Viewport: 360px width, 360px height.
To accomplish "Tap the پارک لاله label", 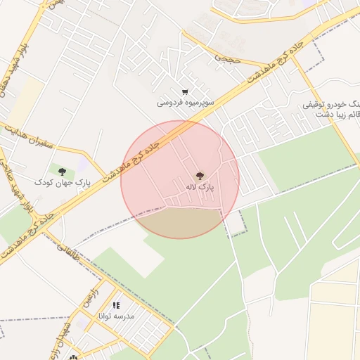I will (200, 188).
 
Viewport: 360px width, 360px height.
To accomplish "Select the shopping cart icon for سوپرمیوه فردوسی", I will (185, 91).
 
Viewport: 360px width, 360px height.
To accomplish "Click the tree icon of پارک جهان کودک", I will (63, 172).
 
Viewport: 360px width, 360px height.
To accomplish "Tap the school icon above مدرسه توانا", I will (116, 306).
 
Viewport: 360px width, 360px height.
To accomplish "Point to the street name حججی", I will (228, 57).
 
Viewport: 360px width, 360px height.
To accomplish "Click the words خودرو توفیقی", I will (330, 104).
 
